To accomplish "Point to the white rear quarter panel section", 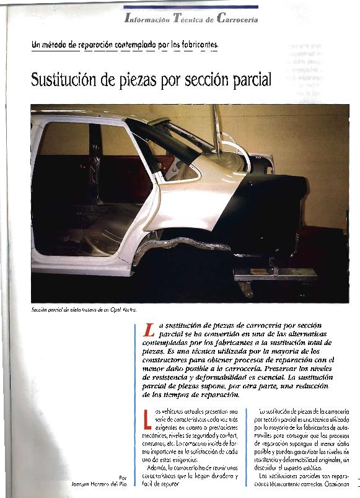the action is coord(186,204).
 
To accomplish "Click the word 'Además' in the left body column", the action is coord(151,468).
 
